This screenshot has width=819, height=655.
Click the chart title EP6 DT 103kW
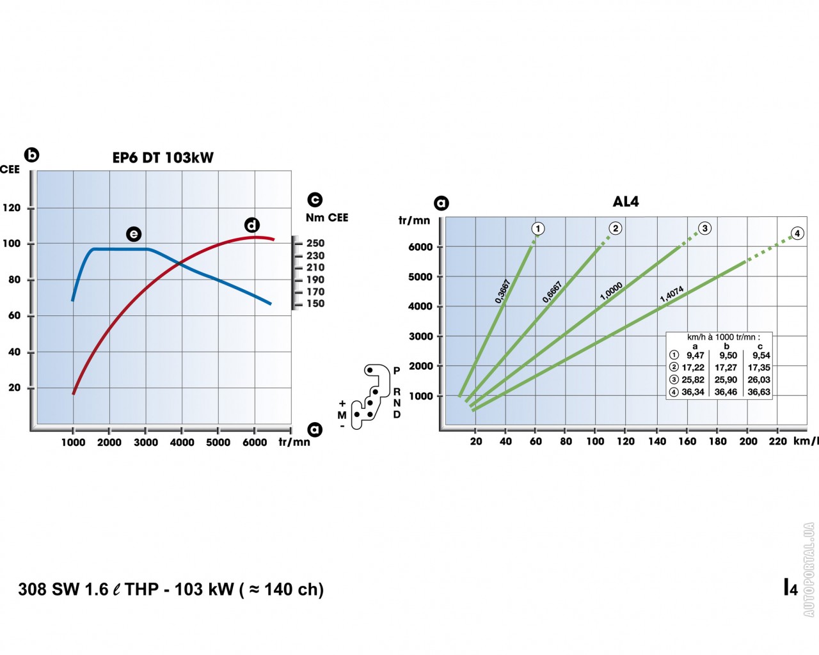tap(163, 157)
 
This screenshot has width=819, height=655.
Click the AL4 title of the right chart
tap(625, 201)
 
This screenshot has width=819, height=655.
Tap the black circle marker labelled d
tap(252, 225)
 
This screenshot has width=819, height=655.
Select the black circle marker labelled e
tap(133, 234)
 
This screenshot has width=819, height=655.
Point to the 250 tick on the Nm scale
tap(315, 243)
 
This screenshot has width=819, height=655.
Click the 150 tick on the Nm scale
tap(315, 304)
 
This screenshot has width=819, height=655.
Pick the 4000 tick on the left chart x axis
tap(182, 443)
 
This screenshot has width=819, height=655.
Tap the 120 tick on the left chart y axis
tap(12, 208)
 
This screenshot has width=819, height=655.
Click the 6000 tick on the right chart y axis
tap(421, 247)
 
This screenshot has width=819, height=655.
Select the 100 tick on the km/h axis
tap(595, 441)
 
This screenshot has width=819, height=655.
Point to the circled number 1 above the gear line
tap(538, 228)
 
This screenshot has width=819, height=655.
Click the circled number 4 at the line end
tap(797, 233)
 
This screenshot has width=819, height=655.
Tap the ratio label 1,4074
tap(672, 294)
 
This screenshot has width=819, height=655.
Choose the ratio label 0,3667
tap(503, 291)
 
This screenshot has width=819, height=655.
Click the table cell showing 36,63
tap(759, 392)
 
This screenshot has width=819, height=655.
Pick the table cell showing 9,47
tap(695, 356)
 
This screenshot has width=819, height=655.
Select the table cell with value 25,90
tap(726, 380)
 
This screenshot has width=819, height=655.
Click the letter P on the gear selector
tap(397, 371)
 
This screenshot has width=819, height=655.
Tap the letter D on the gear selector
tap(397, 414)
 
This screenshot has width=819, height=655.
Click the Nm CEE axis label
tap(327, 217)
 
